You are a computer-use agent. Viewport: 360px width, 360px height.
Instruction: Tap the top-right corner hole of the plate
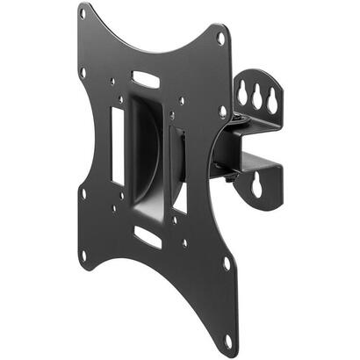coord(221,39)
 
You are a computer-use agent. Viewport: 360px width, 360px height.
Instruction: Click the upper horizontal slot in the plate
coord(148,80)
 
